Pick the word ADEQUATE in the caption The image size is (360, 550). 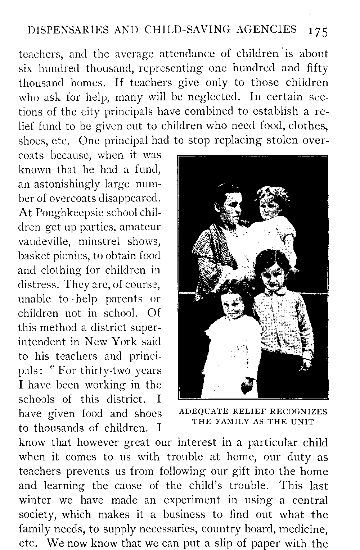click(202, 412)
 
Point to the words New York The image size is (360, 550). click(109, 342)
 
